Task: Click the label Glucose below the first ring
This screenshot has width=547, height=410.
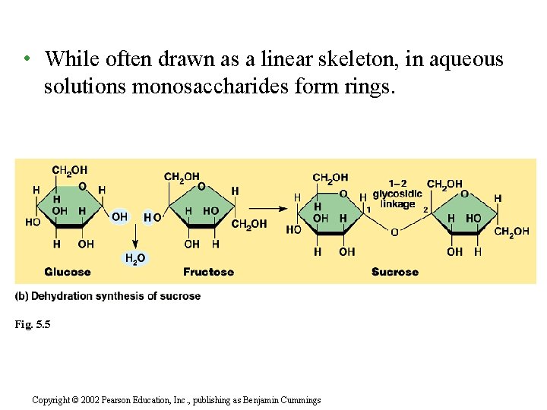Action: point(68,272)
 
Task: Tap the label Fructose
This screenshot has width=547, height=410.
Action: point(208,272)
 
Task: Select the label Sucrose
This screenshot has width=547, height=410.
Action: point(395,272)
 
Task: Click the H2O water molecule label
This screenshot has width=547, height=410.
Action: point(134,259)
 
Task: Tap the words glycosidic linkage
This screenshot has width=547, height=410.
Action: point(398,199)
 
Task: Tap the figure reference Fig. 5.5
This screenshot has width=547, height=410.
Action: point(32,324)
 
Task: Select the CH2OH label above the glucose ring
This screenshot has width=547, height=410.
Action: point(69,170)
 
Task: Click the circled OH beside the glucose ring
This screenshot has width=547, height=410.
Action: point(119,216)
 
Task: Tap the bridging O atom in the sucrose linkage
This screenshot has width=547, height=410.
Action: point(394,232)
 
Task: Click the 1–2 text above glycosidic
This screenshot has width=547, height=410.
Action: point(397,183)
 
